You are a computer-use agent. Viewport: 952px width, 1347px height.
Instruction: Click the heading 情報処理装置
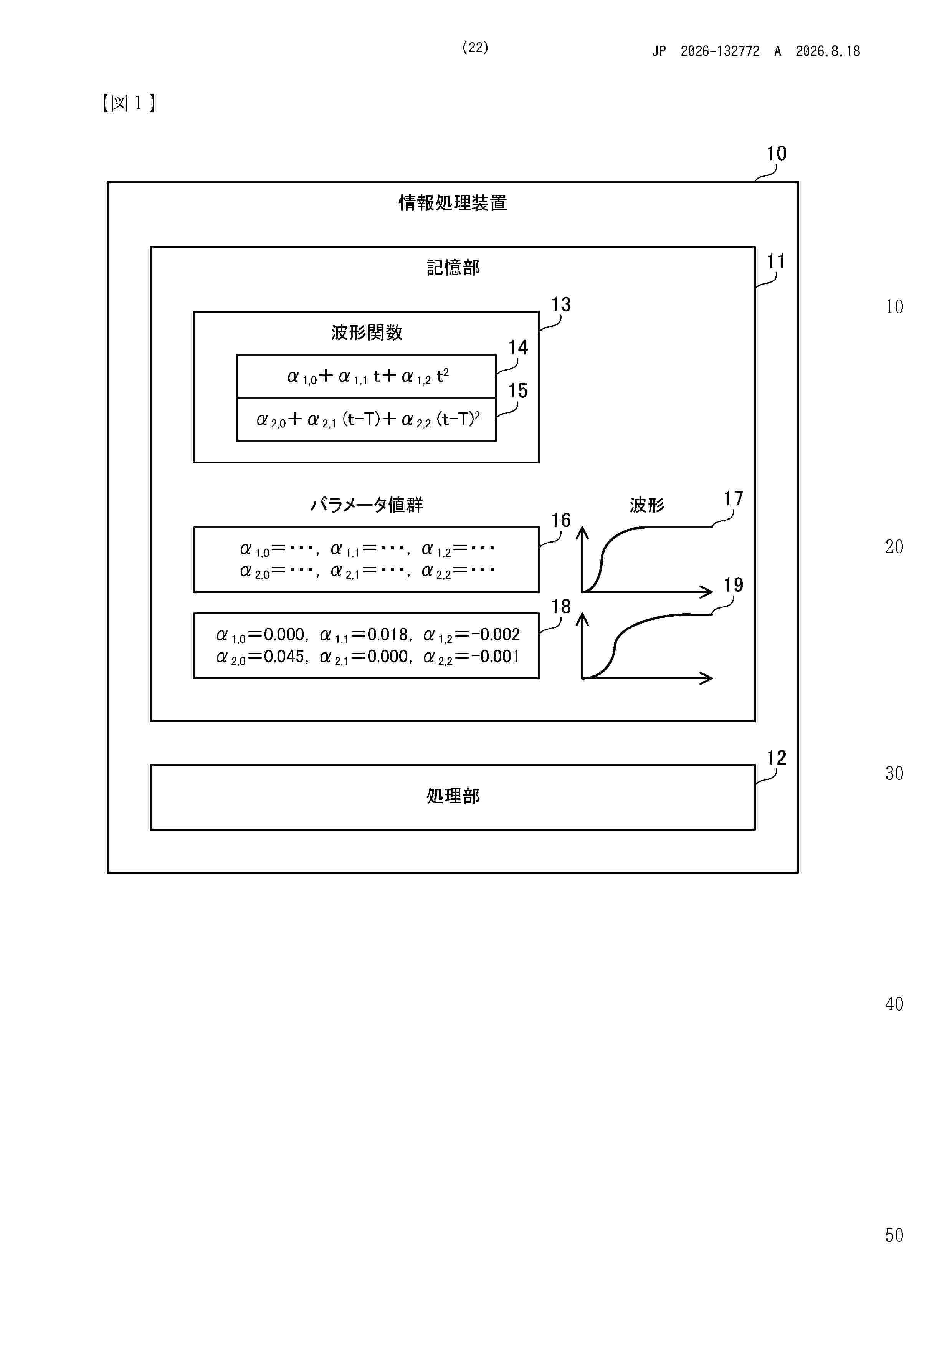[x=453, y=203]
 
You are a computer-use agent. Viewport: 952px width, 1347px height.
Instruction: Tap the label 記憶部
[x=453, y=268]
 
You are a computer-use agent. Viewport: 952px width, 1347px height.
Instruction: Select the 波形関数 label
[x=367, y=333]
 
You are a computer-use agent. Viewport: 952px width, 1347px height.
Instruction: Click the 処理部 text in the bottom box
[x=453, y=796]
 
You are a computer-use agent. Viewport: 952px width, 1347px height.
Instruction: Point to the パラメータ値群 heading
[x=367, y=505]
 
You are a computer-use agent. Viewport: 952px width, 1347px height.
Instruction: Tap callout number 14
[x=517, y=348]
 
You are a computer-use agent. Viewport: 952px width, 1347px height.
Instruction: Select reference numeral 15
[x=517, y=391]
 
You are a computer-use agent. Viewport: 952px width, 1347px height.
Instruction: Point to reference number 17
[x=733, y=499]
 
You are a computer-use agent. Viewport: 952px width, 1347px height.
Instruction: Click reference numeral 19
[x=733, y=585]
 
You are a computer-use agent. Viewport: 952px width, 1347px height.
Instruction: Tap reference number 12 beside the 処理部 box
[x=776, y=757]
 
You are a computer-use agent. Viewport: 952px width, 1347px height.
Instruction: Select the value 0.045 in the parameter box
[x=284, y=657]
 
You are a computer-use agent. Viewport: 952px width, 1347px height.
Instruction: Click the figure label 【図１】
[x=129, y=103]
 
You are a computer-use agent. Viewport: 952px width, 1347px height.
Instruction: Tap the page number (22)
[x=475, y=48]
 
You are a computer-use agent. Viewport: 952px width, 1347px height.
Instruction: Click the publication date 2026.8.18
[x=828, y=51]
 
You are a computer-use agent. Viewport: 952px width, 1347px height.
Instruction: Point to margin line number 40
[x=894, y=1004]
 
